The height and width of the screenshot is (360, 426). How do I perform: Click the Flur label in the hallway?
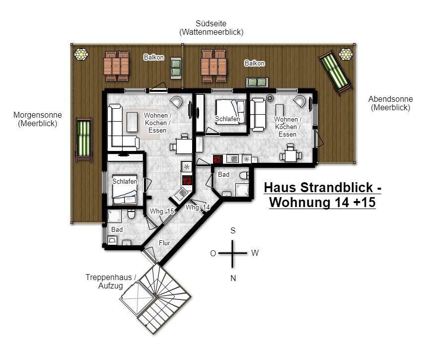click(164, 243)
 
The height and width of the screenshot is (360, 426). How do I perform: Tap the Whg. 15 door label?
click(162, 212)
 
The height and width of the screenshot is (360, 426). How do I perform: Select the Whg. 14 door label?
click(198, 207)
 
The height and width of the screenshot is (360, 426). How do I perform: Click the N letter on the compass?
click(233, 278)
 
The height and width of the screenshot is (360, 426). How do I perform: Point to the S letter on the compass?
click(233, 231)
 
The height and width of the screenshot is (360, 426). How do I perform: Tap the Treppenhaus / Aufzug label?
click(111, 282)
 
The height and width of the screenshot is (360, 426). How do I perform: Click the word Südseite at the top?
click(211, 23)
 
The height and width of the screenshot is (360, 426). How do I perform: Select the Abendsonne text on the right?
click(390, 99)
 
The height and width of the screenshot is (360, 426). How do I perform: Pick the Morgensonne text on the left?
click(38, 115)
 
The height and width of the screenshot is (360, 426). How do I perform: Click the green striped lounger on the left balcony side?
click(84, 140)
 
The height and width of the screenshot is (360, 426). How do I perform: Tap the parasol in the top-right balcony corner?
click(346, 54)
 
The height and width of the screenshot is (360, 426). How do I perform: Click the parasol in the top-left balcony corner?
click(81, 54)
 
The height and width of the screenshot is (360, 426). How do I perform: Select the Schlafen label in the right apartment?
click(227, 119)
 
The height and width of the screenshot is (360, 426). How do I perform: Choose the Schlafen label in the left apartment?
click(125, 181)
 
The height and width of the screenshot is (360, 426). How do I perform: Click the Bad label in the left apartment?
click(117, 229)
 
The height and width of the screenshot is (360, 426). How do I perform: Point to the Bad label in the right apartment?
click(223, 174)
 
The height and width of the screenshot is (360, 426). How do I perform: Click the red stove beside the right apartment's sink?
click(217, 159)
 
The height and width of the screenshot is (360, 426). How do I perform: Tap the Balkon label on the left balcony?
click(154, 57)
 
